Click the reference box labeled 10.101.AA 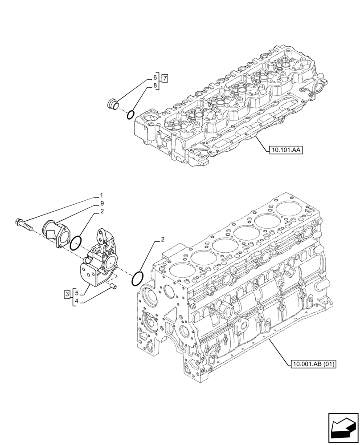(x=285, y=150)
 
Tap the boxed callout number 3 (x=66, y=294)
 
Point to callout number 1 (x=102, y=195)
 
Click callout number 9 (x=102, y=203)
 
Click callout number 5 (x=77, y=293)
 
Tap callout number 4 (x=77, y=301)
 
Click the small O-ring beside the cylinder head (x=131, y=115)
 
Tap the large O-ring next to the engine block (x=138, y=279)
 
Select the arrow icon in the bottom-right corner (x=343, y=428)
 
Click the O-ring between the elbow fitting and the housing (x=76, y=243)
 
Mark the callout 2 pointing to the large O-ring (x=163, y=239)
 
